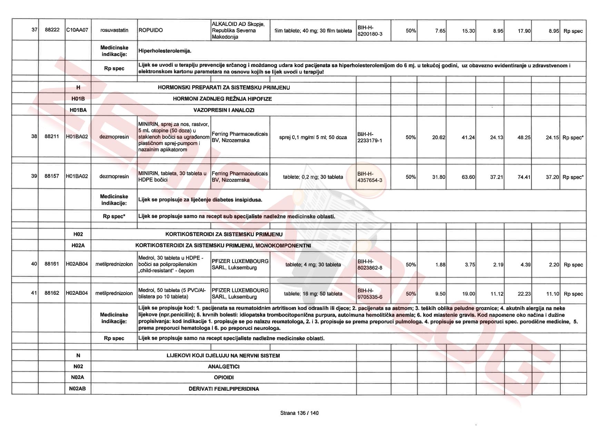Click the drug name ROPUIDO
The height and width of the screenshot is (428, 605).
(x=151, y=30)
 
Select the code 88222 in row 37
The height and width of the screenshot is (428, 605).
(x=52, y=30)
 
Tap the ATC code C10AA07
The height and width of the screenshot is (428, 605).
(x=77, y=30)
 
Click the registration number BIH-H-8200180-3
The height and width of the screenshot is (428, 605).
(x=370, y=31)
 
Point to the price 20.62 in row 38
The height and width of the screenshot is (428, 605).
(x=438, y=137)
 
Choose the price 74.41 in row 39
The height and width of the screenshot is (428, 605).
(x=524, y=177)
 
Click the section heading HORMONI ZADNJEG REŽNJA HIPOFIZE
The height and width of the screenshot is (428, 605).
(x=222, y=99)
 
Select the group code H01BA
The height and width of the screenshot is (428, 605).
(x=78, y=110)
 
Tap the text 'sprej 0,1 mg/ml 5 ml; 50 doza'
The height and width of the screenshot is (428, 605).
(x=313, y=137)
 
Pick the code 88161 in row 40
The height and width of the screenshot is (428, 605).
(x=52, y=264)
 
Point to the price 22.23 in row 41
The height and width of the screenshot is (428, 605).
(x=524, y=294)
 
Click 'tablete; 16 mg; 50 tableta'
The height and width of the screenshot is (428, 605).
(x=313, y=294)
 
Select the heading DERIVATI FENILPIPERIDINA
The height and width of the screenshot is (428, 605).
(x=224, y=389)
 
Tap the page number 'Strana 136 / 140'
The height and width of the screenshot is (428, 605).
(x=299, y=413)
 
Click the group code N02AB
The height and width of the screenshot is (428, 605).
(x=78, y=389)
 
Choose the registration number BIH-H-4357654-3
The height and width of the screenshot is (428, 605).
(x=370, y=177)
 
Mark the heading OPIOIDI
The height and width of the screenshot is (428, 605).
(x=224, y=378)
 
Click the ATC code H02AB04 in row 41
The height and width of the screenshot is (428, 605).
(x=77, y=293)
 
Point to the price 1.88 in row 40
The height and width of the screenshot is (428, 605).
(x=440, y=265)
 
